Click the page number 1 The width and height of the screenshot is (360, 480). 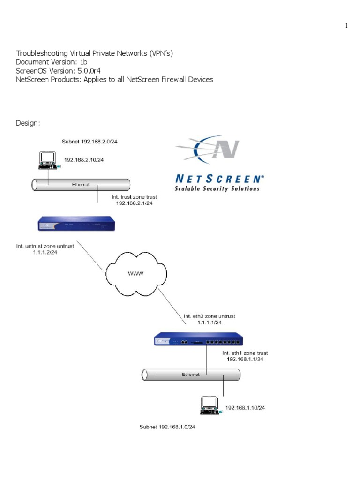[346, 26]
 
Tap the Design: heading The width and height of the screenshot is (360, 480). [28, 123]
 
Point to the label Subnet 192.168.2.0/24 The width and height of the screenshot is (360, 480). [90, 142]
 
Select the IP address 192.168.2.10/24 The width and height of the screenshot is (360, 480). [84, 160]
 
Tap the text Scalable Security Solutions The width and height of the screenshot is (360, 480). [217, 188]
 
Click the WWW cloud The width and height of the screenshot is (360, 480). [136, 274]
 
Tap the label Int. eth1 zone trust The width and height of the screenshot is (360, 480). [245, 352]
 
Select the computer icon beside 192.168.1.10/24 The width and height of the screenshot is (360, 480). [209, 405]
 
